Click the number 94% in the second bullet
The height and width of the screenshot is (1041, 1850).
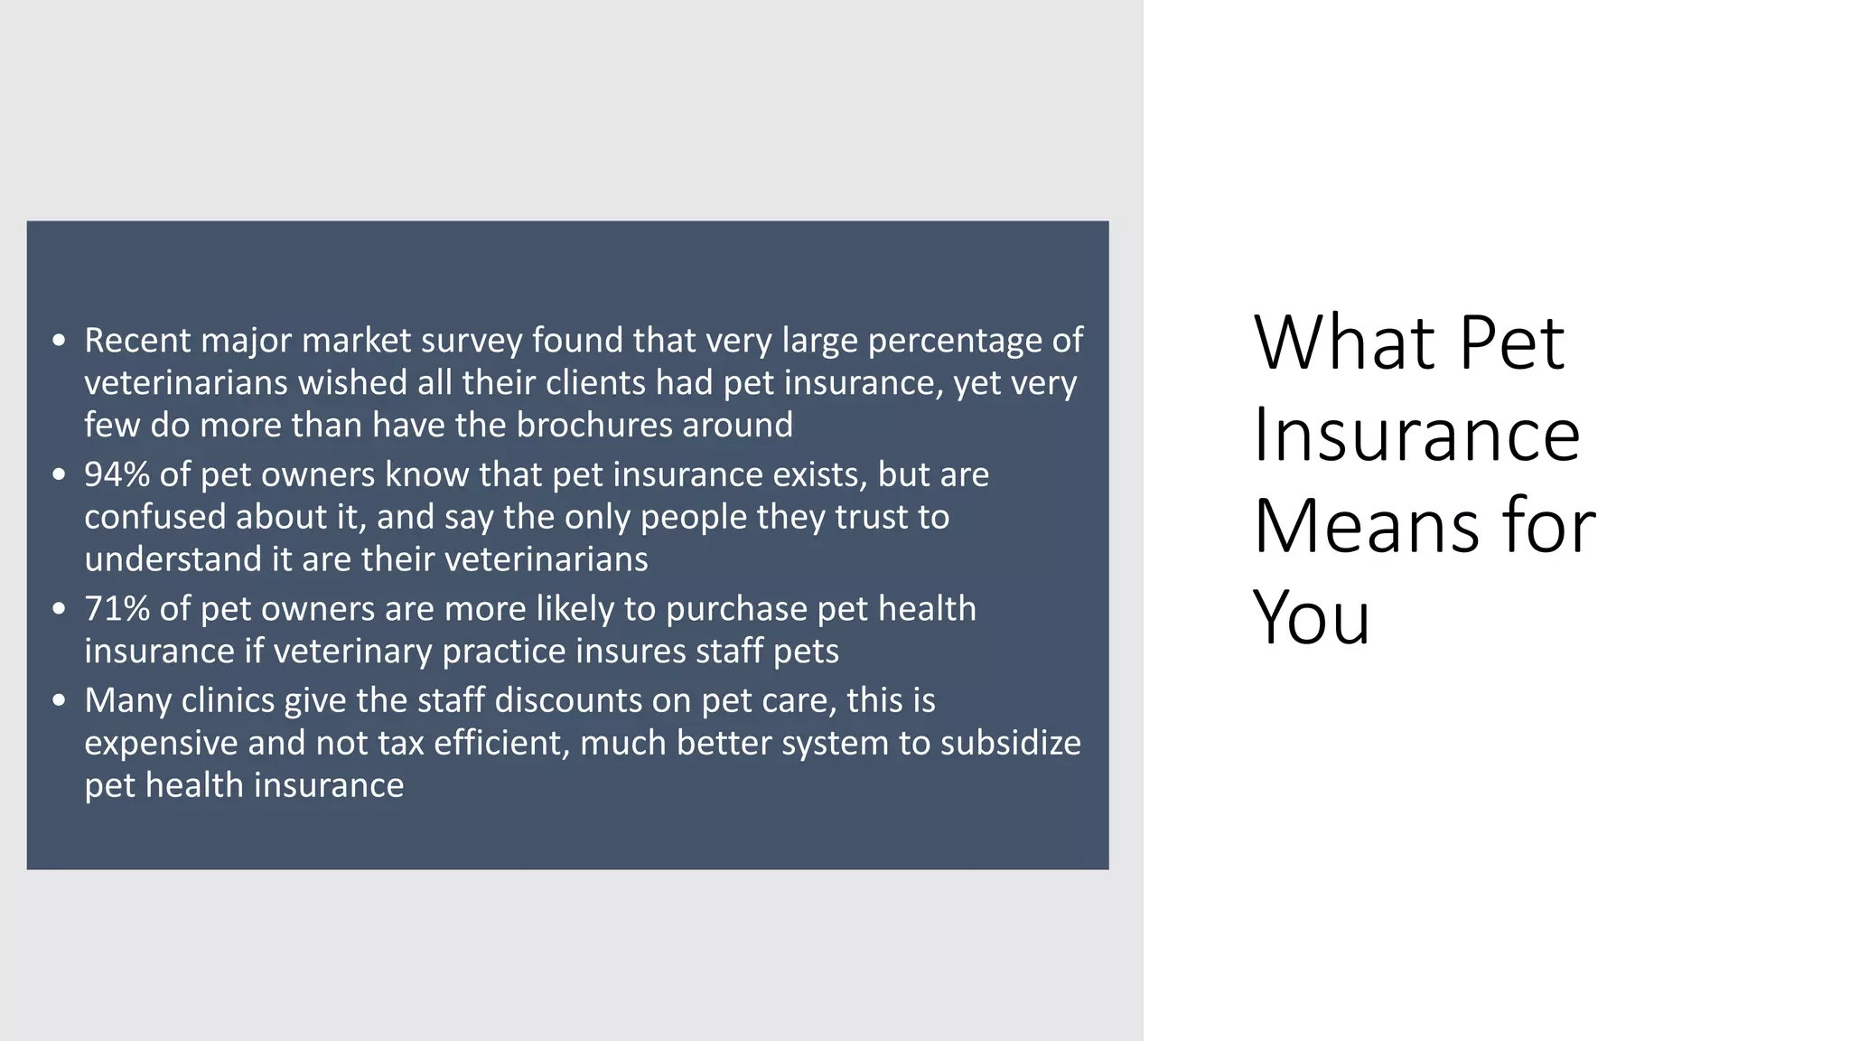[x=117, y=474]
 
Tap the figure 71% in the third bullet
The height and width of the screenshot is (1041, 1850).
[x=117, y=609]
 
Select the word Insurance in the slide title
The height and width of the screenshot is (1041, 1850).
[x=1416, y=435]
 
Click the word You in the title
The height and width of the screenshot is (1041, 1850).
[x=1311, y=618]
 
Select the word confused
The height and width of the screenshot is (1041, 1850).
[x=155, y=517]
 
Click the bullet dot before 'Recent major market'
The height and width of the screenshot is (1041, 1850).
[x=60, y=341]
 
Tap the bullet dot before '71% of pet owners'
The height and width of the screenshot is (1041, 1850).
[x=60, y=609]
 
